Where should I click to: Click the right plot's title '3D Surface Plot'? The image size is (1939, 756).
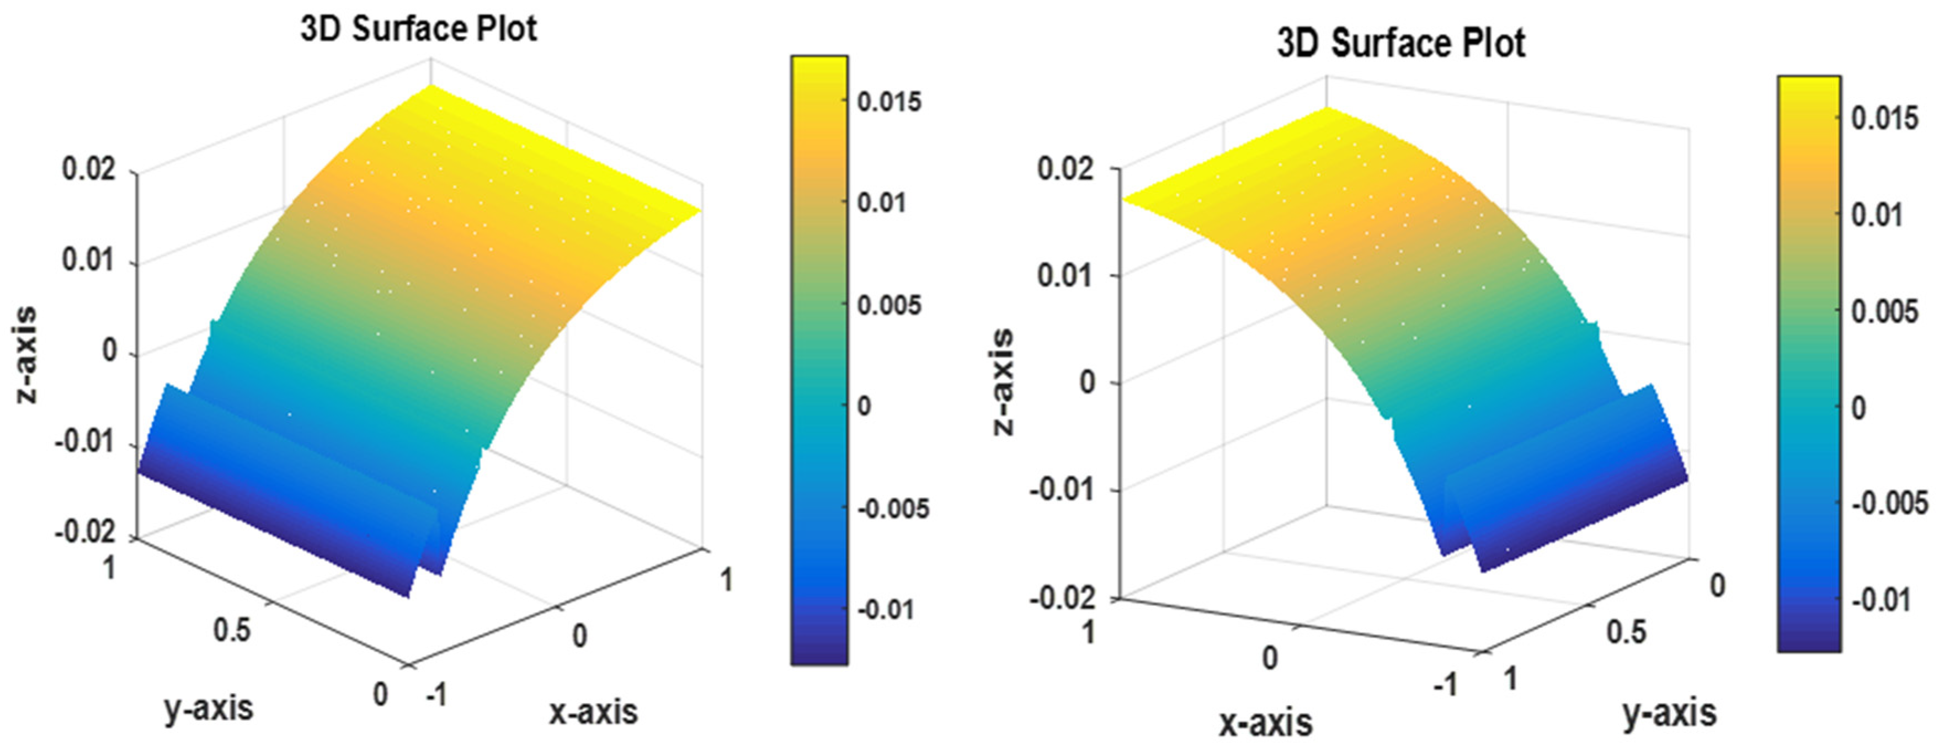click(1401, 44)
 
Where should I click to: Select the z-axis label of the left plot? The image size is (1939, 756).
click(26, 354)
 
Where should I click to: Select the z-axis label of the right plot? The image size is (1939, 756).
click(1003, 382)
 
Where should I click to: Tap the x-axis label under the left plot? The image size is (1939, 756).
click(593, 711)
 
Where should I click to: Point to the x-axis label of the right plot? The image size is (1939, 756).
click(1266, 723)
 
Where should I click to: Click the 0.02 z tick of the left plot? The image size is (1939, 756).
click(89, 169)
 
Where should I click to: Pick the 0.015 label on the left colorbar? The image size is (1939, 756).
click(889, 102)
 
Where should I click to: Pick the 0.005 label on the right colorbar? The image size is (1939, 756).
click(1885, 312)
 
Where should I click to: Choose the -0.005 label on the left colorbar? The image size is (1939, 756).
click(893, 508)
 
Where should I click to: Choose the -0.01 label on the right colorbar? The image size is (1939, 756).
click(1881, 600)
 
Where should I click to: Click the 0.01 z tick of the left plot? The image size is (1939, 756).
click(89, 260)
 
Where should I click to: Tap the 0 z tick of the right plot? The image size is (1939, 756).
click(1088, 382)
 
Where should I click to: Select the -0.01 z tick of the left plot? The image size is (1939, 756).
click(84, 442)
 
